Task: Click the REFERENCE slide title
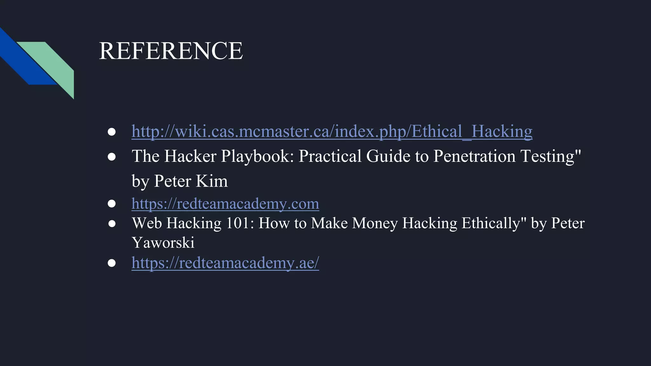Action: (x=171, y=51)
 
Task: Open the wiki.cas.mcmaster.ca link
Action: (x=332, y=131)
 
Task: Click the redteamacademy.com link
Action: (x=225, y=204)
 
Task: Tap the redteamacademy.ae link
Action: (x=225, y=263)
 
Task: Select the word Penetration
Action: (x=474, y=156)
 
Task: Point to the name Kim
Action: (x=212, y=181)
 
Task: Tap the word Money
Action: (x=375, y=223)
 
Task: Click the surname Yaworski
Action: (x=163, y=243)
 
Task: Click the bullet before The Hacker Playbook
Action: (x=112, y=157)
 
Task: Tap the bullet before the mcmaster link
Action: (x=112, y=132)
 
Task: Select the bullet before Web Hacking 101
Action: (x=112, y=224)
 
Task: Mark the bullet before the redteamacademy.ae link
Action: (x=112, y=263)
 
